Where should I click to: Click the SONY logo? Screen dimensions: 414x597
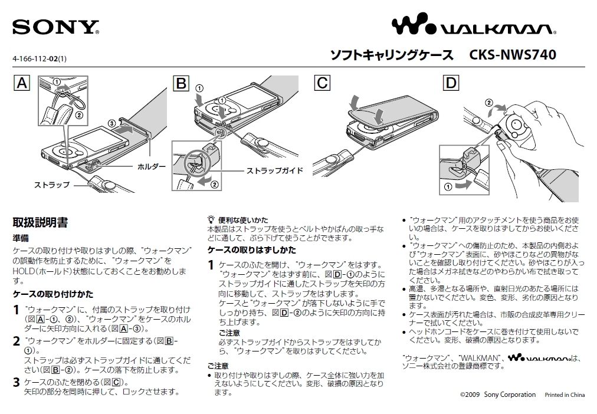55,27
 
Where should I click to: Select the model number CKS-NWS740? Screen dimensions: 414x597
513,55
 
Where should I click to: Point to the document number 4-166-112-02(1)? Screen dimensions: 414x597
40,58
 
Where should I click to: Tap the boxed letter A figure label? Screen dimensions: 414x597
22,83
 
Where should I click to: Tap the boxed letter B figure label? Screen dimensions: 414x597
181,83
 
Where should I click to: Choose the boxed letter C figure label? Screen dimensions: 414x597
322,83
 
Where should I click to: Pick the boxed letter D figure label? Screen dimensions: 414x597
451,83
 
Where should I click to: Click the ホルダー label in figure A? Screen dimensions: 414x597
152,167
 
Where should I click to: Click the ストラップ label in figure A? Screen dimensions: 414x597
51,185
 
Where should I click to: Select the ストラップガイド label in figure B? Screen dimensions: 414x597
274,170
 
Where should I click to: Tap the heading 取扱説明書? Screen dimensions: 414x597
40,222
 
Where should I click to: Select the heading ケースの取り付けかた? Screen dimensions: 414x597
53,294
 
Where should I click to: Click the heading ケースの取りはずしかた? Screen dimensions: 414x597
252,250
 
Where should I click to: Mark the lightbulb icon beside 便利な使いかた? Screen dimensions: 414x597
211,219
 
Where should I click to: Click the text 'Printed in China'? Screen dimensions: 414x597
565,395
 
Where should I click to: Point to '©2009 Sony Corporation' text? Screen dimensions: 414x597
498,395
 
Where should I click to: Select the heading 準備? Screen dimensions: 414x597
21,238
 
